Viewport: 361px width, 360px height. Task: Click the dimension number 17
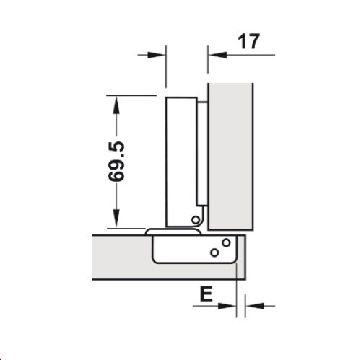(248, 41)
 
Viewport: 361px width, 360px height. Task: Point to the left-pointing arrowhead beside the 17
(214, 53)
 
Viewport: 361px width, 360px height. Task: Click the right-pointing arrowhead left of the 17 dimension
(160, 53)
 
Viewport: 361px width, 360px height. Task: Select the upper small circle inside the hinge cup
(226, 242)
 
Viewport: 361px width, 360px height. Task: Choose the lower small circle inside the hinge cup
(214, 252)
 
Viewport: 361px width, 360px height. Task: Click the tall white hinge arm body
(180, 159)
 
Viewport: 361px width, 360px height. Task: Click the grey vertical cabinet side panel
(231, 152)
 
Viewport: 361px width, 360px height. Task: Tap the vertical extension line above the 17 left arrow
(208, 65)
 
